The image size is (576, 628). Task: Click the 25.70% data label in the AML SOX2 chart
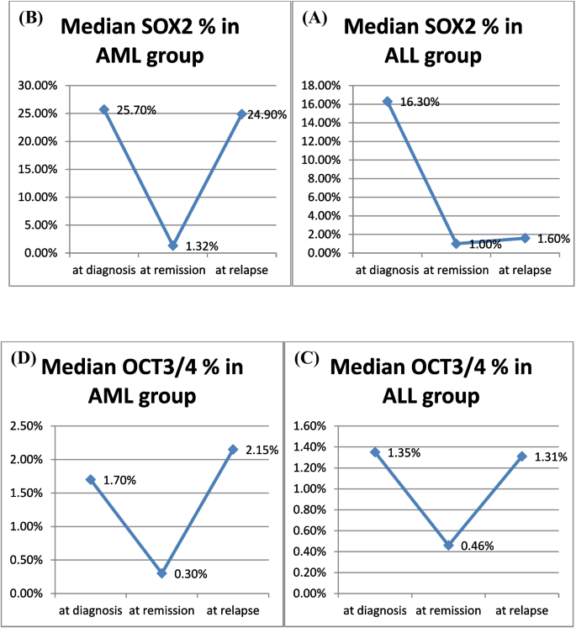tap(133, 110)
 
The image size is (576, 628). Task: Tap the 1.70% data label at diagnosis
tap(121, 480)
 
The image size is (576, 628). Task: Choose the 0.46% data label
tap(476, 545)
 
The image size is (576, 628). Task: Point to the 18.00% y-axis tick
tap(324, 86)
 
